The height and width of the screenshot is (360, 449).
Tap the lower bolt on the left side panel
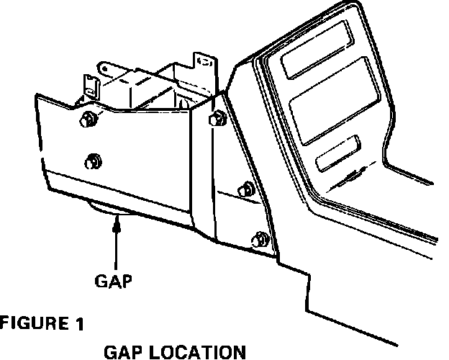(x=92, y=160)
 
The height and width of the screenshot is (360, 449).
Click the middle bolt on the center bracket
(x=246, y=189)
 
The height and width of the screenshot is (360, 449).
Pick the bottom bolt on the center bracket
(x=260, y=238)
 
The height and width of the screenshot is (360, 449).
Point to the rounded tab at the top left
(x=107, y=68)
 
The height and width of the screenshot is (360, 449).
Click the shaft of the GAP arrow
(x=116, y=249)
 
